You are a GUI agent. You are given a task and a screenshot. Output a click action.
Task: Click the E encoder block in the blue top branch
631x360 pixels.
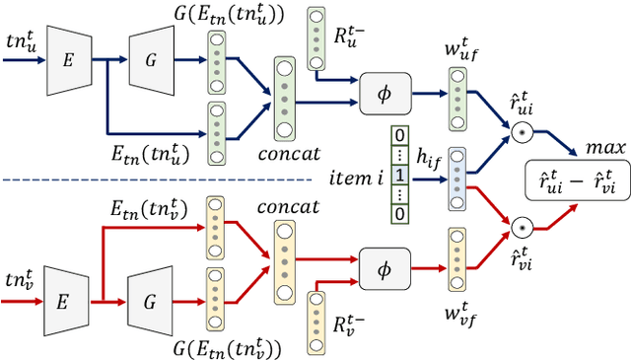point(66,59)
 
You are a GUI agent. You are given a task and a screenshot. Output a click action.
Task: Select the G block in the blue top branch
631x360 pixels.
point(151,59)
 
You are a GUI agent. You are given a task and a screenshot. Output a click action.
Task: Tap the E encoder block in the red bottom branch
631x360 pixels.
point(66,295)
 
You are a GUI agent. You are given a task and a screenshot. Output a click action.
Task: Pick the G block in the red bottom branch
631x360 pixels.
point(151,295)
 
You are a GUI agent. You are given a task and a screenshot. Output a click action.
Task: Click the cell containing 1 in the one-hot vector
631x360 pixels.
point(399,176)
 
